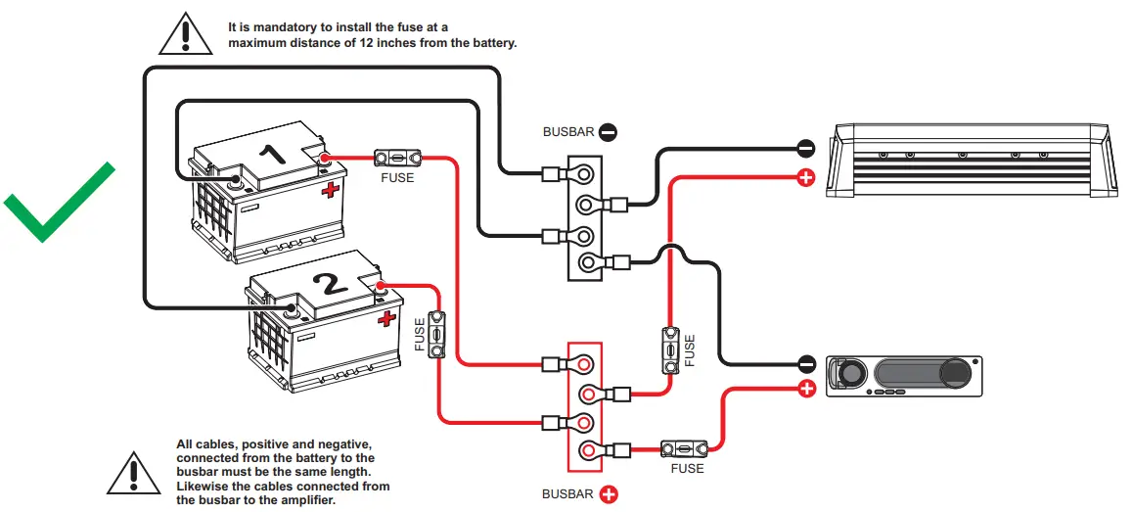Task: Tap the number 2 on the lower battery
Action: coord(330,284)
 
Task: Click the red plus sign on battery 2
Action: coord(387,318)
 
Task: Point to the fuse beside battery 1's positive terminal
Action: coord(396,157)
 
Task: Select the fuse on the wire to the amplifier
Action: coord(671,350)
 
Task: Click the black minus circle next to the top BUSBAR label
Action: coord(608,130)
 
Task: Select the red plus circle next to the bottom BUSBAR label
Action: coord(608,494)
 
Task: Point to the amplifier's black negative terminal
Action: coord(805,149)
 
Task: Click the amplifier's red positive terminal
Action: coord(805,178)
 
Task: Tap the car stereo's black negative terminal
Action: coord(805,364)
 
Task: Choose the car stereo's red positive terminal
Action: coord(805,389)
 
